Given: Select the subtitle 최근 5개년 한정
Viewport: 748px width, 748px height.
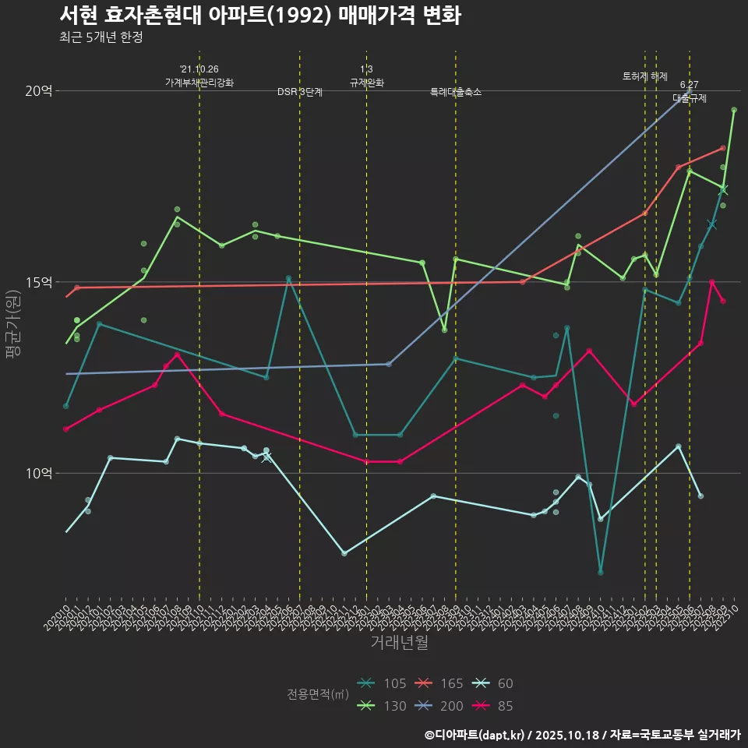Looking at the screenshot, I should (101, 37).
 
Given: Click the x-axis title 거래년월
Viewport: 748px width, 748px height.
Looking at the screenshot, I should (399, 643).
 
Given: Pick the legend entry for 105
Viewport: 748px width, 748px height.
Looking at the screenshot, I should (383, 683).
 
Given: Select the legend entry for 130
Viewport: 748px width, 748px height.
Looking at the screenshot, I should (383, 706).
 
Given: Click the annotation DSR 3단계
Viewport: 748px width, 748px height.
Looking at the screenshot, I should (300, 92).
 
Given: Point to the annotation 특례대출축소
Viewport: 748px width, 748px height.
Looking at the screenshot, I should (456, 92).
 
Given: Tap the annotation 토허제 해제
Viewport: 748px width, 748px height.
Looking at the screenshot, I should (645, 76).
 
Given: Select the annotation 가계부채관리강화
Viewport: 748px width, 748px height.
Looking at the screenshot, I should (199, 83).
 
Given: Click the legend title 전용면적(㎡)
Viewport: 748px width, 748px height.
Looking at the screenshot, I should (317, 694).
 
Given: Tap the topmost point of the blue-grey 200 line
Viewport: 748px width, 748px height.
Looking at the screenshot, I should (689, 92).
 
